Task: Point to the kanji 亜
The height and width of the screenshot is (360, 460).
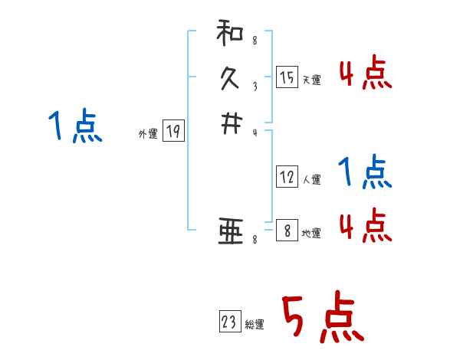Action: [x=230, y=231]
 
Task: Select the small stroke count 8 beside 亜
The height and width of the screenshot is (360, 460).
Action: [x=255, y=241]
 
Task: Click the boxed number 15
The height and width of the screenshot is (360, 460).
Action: [x=287, y=77]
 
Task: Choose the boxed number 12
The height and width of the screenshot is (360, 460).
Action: [x=287, y=177]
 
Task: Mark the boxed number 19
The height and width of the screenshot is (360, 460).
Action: [x=173, y=132]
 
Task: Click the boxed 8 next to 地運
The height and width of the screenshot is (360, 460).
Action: [x=287, y=230]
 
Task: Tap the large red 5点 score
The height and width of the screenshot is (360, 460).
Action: [x=321, y=318]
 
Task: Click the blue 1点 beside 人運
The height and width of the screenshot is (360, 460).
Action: [x=365, y=172]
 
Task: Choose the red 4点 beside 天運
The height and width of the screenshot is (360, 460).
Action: [x=365, y=74]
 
